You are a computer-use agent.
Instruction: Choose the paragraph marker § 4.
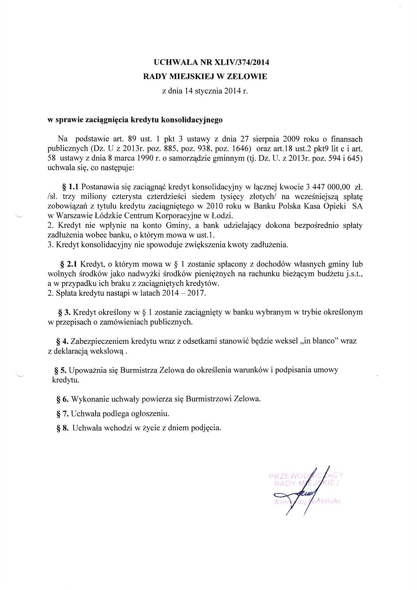[x=63, y=341]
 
